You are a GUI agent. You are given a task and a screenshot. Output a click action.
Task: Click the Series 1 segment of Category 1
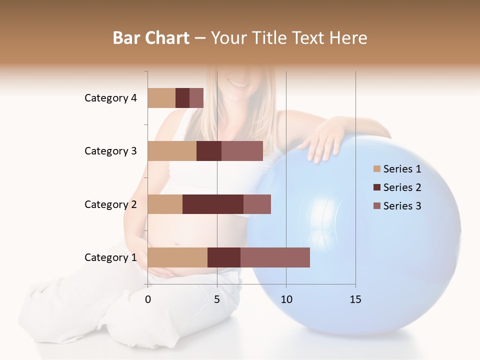pyautogui.click(x=177, y=257)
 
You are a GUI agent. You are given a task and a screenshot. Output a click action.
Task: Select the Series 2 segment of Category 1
pyautogui.click(x=224, y=257)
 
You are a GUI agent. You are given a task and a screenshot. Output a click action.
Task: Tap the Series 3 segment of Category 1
pyautogui.click(x=275, y=257)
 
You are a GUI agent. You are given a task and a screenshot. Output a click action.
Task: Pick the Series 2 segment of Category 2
pyautogui.click(x=213, y=204)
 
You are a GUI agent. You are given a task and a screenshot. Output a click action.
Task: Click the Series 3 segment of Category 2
pyautogui.click(x=257, y=204)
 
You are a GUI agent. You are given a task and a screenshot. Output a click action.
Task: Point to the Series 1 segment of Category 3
pyautogui.click(x=172, y=151)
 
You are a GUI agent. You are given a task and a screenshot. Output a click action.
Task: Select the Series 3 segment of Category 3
pyautogui.click(x=242, y=151)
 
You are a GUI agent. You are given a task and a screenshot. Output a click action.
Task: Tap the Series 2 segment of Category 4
pyautogui.click(x=182, y=98)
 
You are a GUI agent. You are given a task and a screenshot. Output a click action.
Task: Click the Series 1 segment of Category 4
pyautogui.click(x=161, y=98)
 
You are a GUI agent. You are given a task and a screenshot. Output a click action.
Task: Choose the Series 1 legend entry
pyautogui.click(x=397, y=169)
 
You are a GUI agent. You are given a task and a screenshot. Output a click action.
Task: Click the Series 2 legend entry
pyautogui.click(x=397, y=187)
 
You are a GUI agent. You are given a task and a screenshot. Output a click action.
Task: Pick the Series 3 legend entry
pyautogui.click(x=397, y=206)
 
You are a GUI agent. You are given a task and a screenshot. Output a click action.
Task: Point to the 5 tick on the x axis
pyautogui.click(x=217, y=299)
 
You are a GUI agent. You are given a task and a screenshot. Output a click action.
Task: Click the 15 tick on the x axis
pyautogui.click(x=355, y=299)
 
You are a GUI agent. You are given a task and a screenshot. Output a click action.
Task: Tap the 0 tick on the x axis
pyautogui.click(x=148, y=299)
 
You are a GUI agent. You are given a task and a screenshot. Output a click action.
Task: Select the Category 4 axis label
pyautogui.click(x=110, y=98)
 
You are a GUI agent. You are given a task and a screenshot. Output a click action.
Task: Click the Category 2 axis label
pyautogui.click(x=110, y=204)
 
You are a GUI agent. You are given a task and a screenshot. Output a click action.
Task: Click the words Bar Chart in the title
pyautogui.click(x=151, y=38)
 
